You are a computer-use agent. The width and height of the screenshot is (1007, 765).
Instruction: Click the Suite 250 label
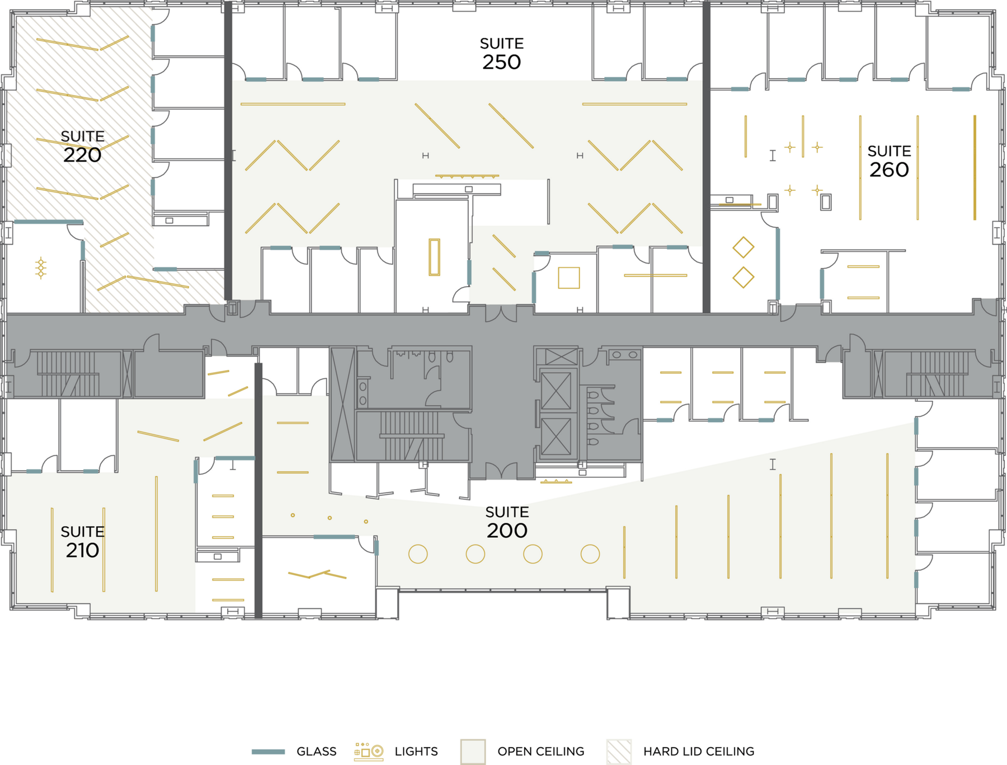(502, 54)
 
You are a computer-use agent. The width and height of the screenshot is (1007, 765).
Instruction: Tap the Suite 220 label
(82, 147)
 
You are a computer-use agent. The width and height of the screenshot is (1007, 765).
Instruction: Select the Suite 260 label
(889, 161)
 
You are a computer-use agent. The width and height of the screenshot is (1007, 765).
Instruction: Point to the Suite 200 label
(507, 522)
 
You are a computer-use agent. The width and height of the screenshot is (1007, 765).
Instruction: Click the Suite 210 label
(82, 542)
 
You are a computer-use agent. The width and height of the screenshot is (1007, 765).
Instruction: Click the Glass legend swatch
(269, 752)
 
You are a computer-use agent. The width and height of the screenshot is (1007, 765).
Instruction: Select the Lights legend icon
(369, 752)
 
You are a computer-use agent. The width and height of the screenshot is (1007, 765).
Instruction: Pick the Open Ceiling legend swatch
(473, 752)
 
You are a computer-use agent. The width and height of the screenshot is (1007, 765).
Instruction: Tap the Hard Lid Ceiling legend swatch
(619, 752)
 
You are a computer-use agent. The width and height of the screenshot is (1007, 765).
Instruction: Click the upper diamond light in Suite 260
(743, 247)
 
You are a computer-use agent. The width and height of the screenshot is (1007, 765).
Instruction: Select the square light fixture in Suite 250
(568, 278)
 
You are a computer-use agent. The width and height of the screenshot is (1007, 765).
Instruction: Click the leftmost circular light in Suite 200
(418, 554)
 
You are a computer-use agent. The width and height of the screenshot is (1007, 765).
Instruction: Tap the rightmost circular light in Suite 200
(590, 554)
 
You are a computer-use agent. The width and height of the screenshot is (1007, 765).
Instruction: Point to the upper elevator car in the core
(556, 391)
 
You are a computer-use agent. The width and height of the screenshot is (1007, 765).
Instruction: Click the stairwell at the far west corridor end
(68, 374)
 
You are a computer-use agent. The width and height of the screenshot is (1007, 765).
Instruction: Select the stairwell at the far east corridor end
(937, 374)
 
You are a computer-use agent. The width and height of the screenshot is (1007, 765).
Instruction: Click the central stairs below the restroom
(412, 436)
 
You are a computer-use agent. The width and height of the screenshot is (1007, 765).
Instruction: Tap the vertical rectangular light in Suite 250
(434, 257)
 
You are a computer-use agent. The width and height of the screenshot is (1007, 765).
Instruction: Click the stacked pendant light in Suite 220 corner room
(41, 268)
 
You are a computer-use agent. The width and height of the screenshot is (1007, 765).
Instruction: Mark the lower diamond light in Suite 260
(743, 278)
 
